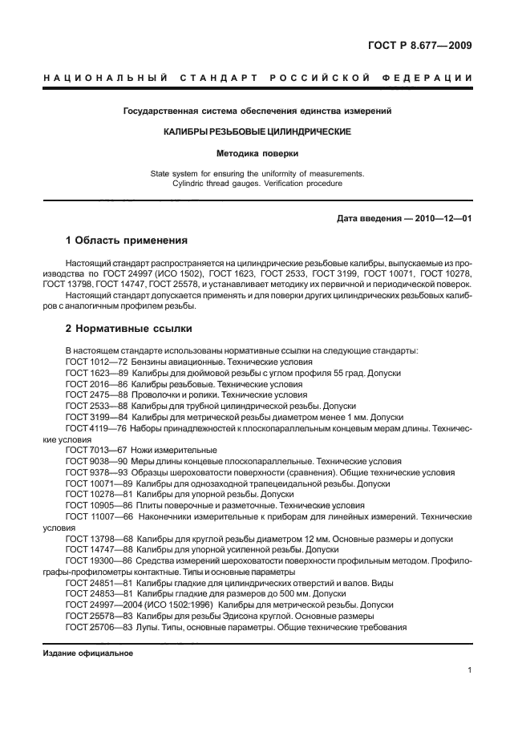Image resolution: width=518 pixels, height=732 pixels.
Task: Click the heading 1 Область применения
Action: [x=126, y=240]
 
